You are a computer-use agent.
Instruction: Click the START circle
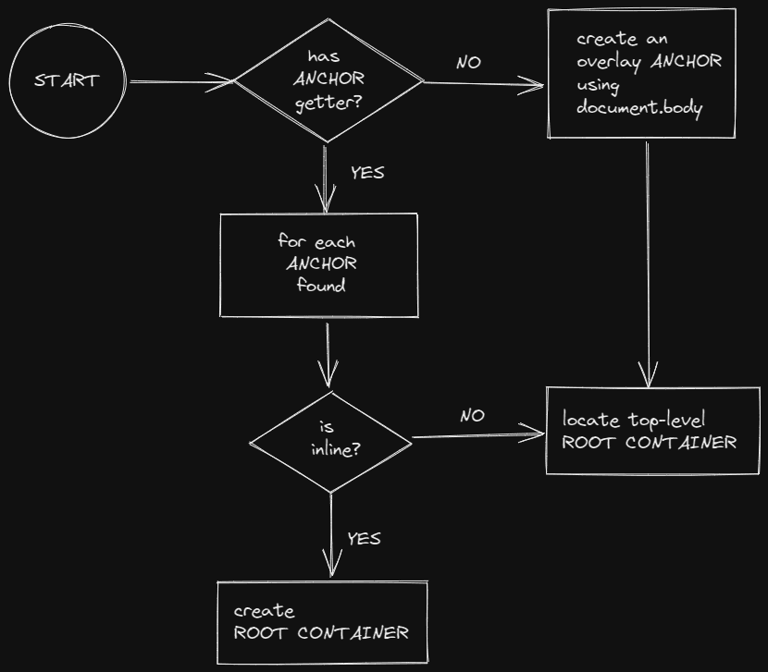(x=66, y=81)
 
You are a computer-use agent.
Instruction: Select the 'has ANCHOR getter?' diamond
(x=329, y=80)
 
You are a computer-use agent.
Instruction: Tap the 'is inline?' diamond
(x=331, y=441)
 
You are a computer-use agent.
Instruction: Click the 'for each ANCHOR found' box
(x=318, y=263)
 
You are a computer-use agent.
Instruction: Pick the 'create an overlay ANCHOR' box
(x=642, y=74)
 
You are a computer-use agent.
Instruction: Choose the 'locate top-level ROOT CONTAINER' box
(x=651, y=431)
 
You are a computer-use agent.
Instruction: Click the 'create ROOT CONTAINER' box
(x=322, y=623)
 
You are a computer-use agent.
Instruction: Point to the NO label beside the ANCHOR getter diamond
(x=468, y=63)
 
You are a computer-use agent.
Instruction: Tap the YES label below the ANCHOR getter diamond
(x=366, y=173)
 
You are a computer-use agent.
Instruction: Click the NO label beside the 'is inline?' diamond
(x=472, y=416)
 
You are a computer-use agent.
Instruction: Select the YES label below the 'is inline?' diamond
(x=363, y=538)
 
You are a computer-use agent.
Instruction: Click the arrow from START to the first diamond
(x=182, y=82)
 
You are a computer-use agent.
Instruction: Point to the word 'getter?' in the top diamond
(x=328, y=103)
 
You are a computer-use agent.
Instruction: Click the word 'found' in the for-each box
(x=320, y=285)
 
